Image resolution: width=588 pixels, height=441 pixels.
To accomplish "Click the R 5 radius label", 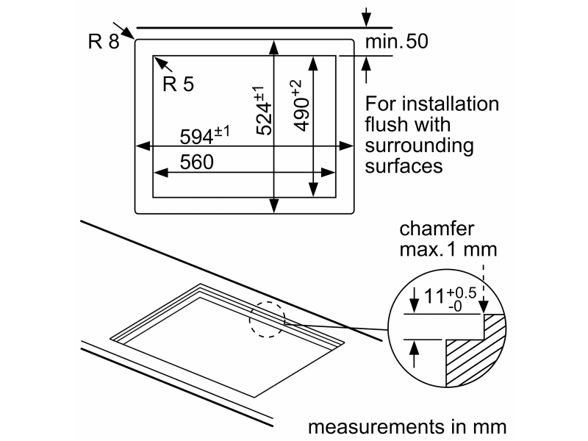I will pos(178,85).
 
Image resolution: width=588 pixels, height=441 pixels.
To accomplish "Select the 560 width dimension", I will pos(196,162).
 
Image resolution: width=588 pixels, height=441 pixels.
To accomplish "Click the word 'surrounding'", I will pos(419,145).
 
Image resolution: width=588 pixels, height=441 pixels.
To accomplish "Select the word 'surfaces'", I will pos(404,165).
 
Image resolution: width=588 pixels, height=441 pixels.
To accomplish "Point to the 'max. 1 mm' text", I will pos(448,249).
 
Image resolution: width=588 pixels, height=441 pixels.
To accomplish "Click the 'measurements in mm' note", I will pos(407,427).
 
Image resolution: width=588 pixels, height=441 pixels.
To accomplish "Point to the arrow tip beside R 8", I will pos(132,35).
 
